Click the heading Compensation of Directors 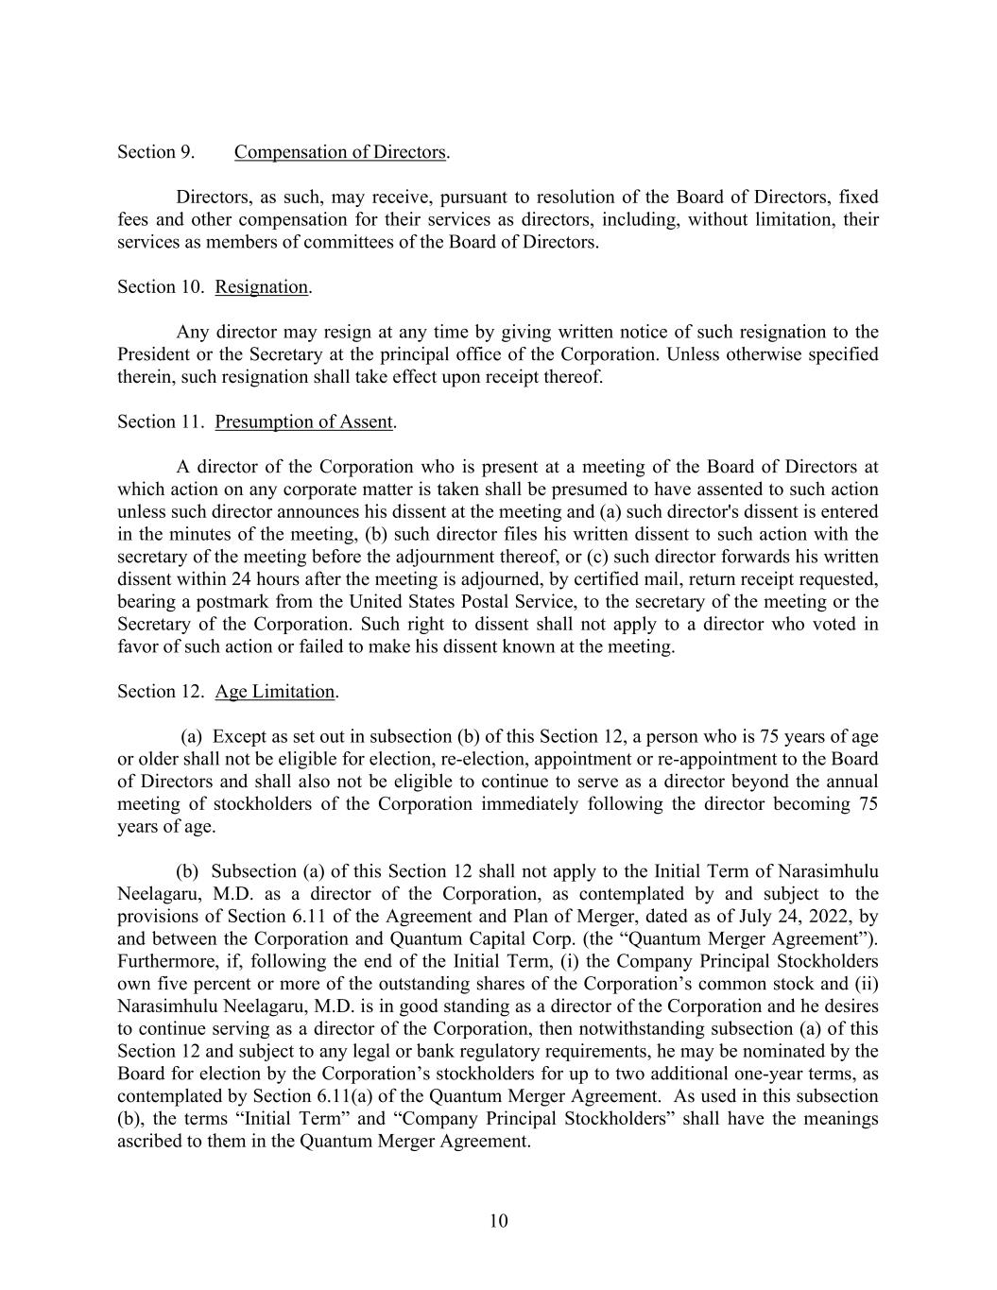click(x=340, y=152)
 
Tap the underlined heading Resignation click(x=262, y=287)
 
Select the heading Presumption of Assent click(x=303, y=422)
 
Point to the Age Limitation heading click(x=275, y=692)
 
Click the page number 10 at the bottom click(x=499, y=1221)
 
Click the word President click(x=153, y=354)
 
